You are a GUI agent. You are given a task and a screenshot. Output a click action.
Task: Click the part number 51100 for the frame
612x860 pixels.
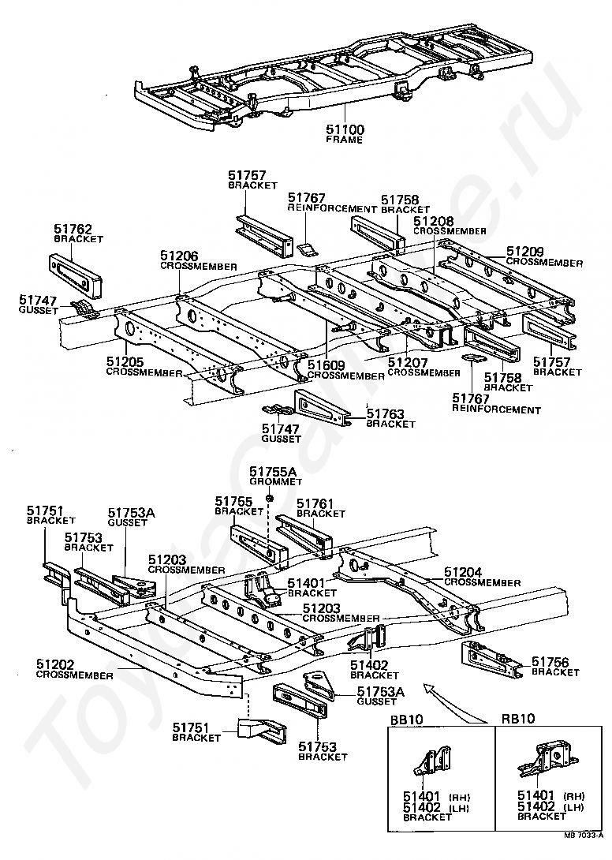[x=345, y=129]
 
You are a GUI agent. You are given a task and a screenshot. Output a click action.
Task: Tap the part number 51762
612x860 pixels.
[x=73, y=228]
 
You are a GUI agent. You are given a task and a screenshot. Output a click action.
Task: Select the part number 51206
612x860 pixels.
[x=179, y=256]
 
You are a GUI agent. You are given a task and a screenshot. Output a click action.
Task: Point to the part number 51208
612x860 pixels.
[x=433, y=222]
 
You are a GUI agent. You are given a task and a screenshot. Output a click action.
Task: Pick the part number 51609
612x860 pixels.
[x=327, y=365]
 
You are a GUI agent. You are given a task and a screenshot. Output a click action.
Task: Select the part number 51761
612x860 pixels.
[x=315, y=503]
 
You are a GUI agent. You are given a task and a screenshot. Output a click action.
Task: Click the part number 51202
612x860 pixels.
[x=54, y=664]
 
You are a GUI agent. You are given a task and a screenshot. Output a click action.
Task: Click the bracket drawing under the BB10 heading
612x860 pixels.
[x=431, y=765]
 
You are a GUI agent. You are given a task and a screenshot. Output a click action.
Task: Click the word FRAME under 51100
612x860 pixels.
[x=345, y=140]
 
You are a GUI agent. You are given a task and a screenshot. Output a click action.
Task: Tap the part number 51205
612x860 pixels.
[x=125, y=362]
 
